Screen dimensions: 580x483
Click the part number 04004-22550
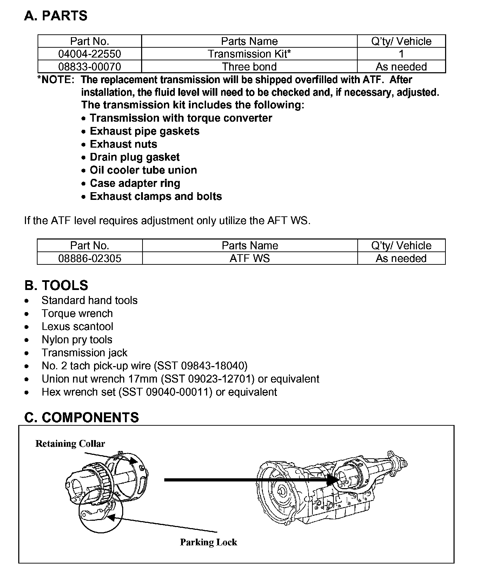pyautogui.click(x=90, y=54)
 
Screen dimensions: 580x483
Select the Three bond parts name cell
pyautogui.click(x=249, y=67)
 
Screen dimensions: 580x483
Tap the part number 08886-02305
pyautogui.click(x=90, y=258)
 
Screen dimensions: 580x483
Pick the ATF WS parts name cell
pyautogui.click(x=250, y=258)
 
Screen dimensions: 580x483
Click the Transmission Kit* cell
pyautogui.click(x=249, y=54)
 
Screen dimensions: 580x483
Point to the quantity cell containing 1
pyautogui.click(x=401, y=54)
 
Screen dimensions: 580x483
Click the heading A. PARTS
pyautogui.click(x=56, y=16)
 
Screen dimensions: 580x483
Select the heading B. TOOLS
pyautogui.click(x=56, y=285)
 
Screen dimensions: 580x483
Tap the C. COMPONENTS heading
pyautogui.click(x=81, y=417)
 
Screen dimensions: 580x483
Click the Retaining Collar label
pyautogui.click(x=70, y=444)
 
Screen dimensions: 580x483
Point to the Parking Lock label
pyautogui.click(x=209, y=542)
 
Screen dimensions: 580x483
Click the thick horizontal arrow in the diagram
pyautogui.click(x=246, y=480)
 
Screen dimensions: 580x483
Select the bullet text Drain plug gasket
pyautogui.click(x=134, y=157)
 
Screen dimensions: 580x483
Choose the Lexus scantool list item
pyautogui.click(x=77, y=326)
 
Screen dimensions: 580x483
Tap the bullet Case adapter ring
pyautogui.click(x=135, y=183)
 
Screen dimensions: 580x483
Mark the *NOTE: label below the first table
pyautogui.click(x=56, y=80)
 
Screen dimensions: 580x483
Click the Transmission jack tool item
pyautogui.click(x=84, y=352)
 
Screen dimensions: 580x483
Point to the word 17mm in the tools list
pyautogui.click(x=143, y=379)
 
